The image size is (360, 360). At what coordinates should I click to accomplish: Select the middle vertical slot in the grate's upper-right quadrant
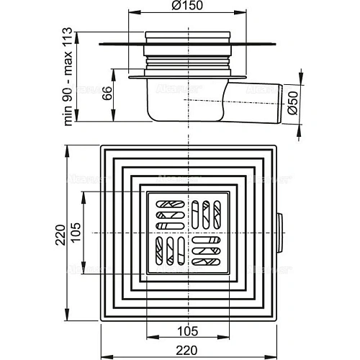point(206,212)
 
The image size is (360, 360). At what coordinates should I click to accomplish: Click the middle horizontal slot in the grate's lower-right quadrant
point(206,251)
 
